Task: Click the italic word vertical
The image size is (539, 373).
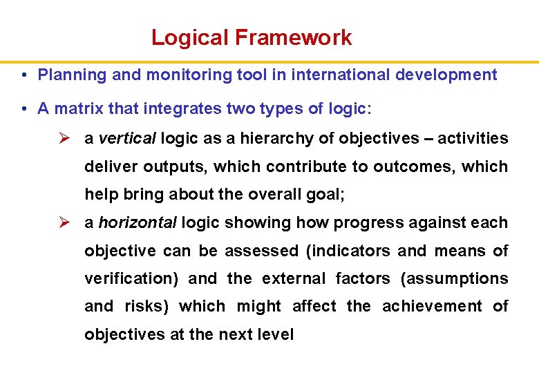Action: click(x=127, y=138)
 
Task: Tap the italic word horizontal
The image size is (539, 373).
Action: click(x=138, y=223)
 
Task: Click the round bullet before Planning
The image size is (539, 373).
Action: click(x=24, y=75)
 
